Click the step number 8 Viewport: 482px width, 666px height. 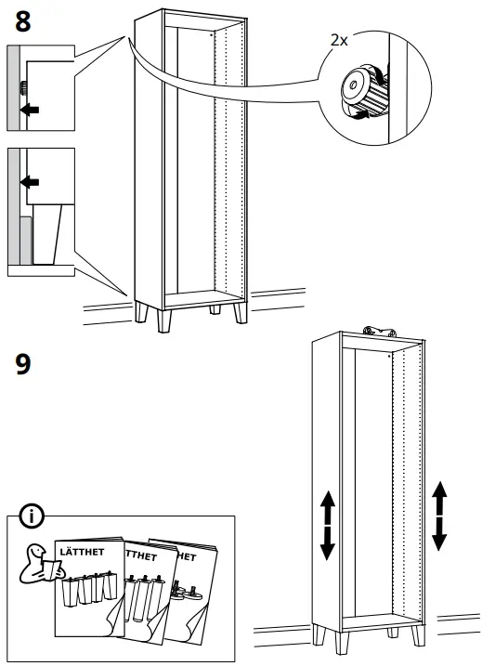click(23, 22)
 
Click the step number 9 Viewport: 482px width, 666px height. click(23, 364)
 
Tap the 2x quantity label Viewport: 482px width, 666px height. click(339, 40)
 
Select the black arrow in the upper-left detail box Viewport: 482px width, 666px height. click(30, 110)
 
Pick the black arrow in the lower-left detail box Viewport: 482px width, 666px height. click(30, 183)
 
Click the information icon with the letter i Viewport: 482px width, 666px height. click(32, 516)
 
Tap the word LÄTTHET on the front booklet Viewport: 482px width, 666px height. click(82, 552)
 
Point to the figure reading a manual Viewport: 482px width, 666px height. click(40, 563)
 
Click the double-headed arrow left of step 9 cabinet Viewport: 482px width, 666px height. click(328, 525)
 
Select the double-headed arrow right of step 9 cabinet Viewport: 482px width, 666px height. click(439, 516)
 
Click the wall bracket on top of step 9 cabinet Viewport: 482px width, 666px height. click(378, 332)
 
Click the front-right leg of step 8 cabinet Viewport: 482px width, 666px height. click(241, 313)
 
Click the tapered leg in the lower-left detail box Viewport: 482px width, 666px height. click(46, 233)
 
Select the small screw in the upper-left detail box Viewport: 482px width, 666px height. click(23, 87)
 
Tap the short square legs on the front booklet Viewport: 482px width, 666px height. click(89, 588)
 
